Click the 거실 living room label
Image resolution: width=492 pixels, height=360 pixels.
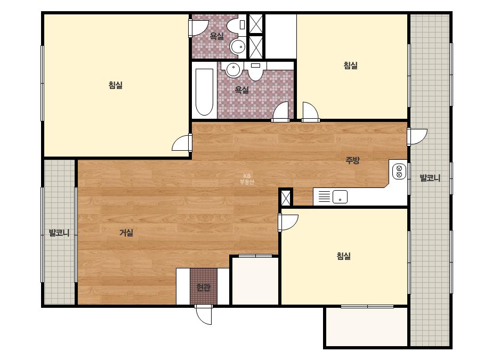(x=126, y=233)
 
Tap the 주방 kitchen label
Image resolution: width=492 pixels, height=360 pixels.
(x=352, y=160)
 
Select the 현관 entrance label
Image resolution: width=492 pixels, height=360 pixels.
(x=203, y=287)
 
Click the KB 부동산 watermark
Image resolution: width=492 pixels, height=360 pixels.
(x=247, y=179)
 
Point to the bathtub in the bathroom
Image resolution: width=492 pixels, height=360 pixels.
(x=204, y=92)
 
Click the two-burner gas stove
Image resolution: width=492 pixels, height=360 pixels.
(x=399, y=171)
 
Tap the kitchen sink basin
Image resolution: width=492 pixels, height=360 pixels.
(x=340, y=197)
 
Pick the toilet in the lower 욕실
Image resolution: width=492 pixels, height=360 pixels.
(x=255, y=71)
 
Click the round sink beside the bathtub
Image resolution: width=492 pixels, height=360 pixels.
(x=233, y=70)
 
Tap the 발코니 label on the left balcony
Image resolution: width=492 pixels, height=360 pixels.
(x=59, y=233)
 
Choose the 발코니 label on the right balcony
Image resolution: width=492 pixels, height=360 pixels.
(x=430, y=178)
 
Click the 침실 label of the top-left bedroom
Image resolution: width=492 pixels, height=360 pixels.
(x=116, y=85)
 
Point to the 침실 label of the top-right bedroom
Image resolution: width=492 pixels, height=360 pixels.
(x=351, y=66)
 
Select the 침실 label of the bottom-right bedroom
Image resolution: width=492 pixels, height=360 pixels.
(x=344, y=256)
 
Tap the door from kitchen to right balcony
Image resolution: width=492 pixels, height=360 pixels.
(x=417, y=137)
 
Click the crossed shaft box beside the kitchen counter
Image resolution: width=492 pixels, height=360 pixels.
(x=286, y=198)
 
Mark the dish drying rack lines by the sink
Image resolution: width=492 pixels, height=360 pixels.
(x=325, y=197)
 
